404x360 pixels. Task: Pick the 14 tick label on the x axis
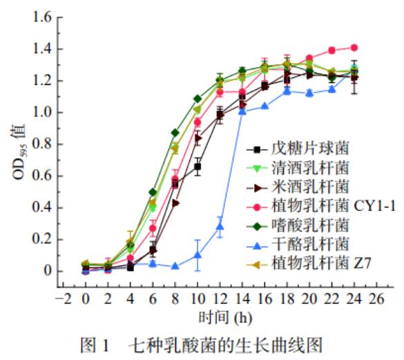[242, 299]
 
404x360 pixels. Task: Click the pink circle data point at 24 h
[354, 48]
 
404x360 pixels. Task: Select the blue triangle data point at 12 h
[220, 227]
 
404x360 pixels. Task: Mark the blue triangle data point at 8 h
[175, 266]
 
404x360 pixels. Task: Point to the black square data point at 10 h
[198, 167]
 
